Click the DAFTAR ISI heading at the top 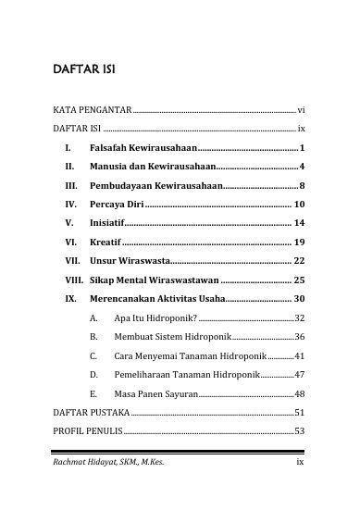[82, 69]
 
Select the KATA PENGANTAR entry [92, 109]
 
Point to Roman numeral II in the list [68, 167]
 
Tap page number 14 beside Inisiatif [299, 223]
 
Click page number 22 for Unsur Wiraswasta [299, 260]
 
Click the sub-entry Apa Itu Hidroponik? [155, 317]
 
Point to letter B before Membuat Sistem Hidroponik [94, 337]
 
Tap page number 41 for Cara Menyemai [299, 355]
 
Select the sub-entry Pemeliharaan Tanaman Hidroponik [185, 375]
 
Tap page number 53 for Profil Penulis [299, 431]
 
